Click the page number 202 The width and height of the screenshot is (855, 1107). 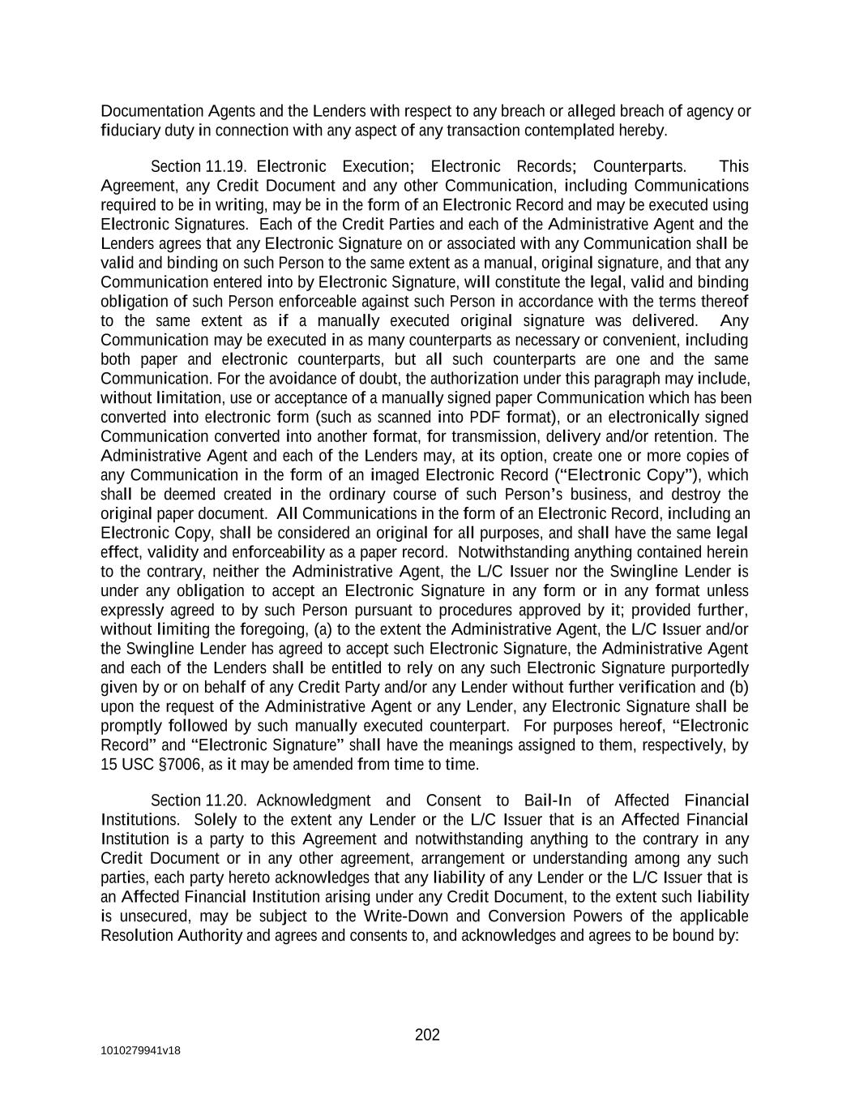(427, 1035)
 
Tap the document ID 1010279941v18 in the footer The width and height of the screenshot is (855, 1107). (140, 1050)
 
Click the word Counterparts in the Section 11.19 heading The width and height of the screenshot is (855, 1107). (639, 166)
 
